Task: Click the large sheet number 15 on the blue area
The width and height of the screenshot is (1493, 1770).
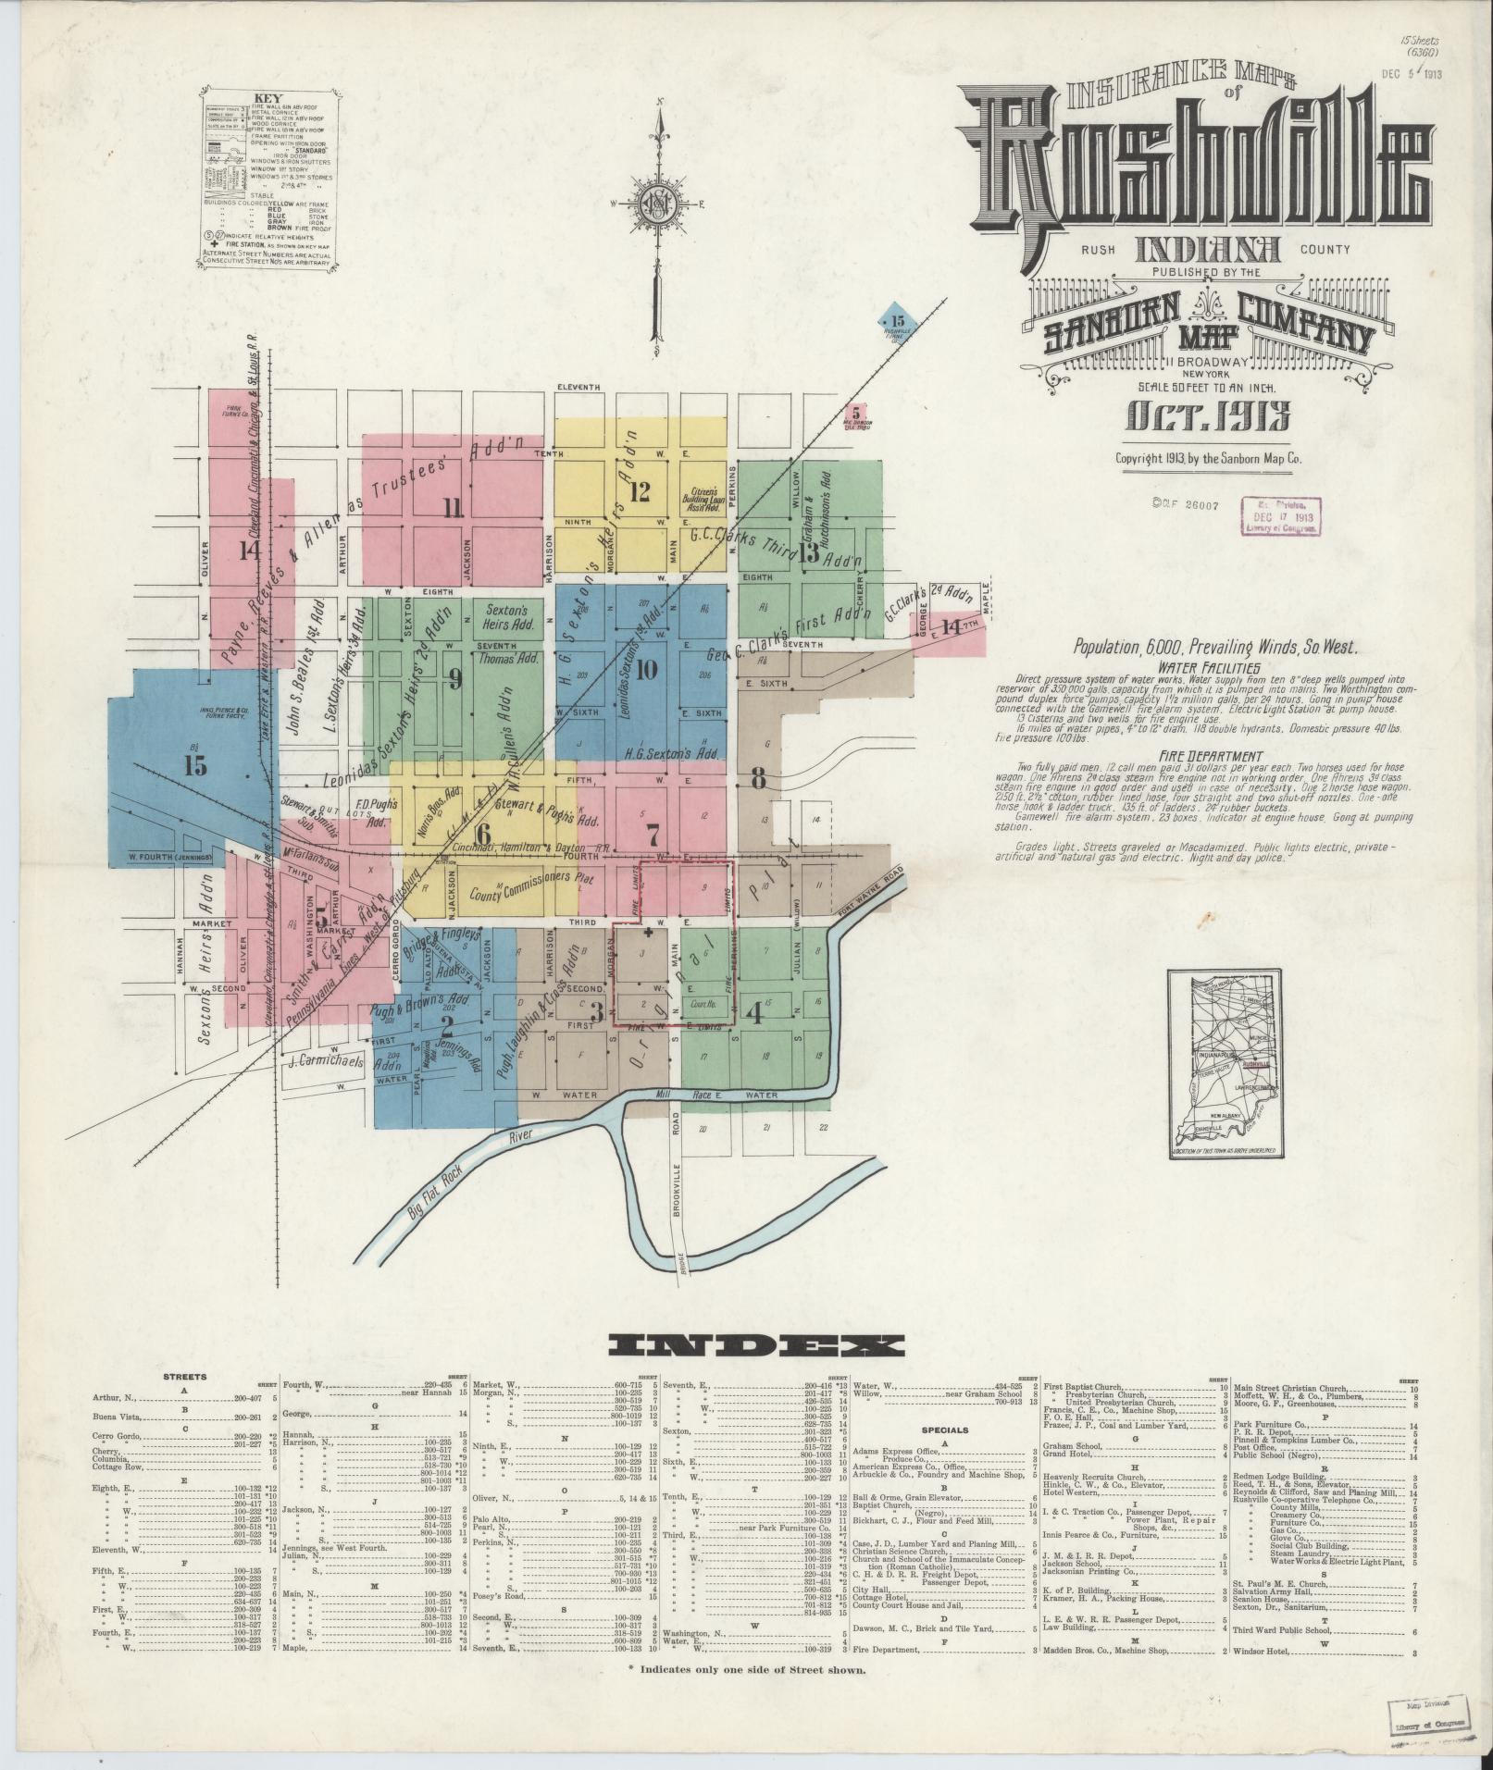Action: [195, 765]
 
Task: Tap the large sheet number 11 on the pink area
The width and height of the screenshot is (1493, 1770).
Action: [452, 506]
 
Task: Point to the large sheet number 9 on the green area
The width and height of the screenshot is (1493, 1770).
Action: [454, 679]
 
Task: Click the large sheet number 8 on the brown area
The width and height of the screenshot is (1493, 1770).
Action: [759, 779]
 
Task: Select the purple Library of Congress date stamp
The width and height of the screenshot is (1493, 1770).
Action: [1282, 516]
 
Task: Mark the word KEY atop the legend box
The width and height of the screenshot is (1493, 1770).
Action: [274, 100]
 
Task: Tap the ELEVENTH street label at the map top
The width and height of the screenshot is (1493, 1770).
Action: [579, 387]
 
